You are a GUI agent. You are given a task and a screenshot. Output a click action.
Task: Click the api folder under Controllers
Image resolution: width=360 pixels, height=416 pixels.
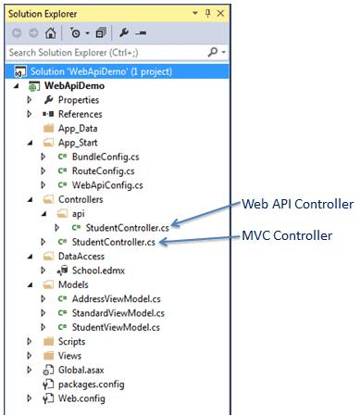(x=77, y=213)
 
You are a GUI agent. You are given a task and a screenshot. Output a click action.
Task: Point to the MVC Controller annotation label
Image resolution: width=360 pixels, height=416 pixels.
(x=287, y=235)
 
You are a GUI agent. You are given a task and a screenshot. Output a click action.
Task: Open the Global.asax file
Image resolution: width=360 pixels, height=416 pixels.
(x=85, y=371)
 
